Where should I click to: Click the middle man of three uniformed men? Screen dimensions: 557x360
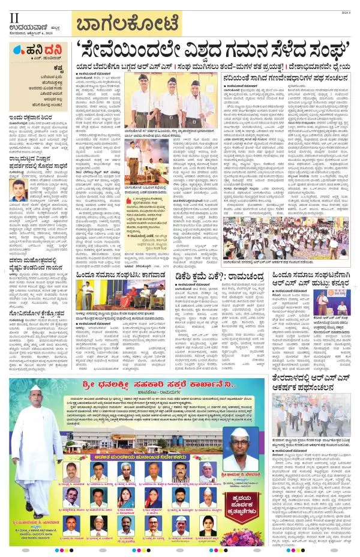pyautogui.click(x=170, y=103)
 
